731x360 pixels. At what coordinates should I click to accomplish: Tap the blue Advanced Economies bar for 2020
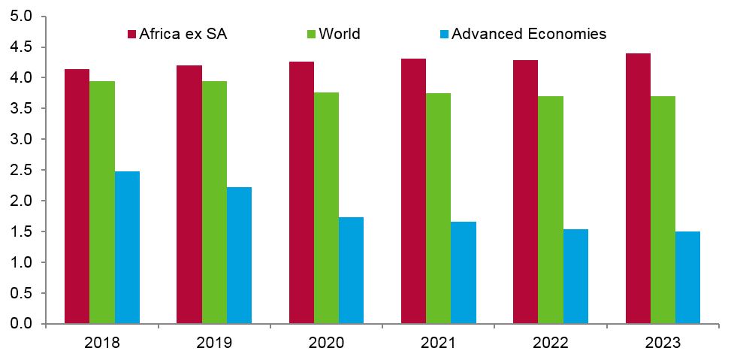pos(351,271)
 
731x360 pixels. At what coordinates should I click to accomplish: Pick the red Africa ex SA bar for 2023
pos(638,189)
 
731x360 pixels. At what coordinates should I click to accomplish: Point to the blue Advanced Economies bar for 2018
pos(127,248)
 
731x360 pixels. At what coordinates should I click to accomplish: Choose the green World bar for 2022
pos(551,210)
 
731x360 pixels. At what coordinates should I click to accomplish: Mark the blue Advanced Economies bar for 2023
pos(687,278)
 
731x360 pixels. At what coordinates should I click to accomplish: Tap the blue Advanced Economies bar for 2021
pos(464,273)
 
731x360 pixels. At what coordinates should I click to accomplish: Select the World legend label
pos(340,34)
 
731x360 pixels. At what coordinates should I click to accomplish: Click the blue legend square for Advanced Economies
pos(444,34)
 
